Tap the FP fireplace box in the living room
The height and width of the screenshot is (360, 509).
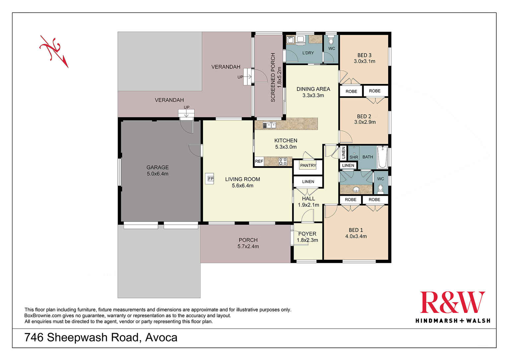tap(210, 179)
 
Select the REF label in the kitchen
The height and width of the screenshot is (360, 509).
tap(259, 162)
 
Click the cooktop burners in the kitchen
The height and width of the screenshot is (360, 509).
tap(283, 162)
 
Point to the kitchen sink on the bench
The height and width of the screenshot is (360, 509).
tap(269, 125)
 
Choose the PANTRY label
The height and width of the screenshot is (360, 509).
tap(308, 165)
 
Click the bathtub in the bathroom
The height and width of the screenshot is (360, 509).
tap(382, 157)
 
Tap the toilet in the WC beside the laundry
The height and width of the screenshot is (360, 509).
tap(331, 41)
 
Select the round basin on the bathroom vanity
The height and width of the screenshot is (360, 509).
tap(356, 189)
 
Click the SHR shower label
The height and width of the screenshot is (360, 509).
tap(354, 157)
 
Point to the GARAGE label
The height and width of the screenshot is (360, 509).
tap(158, 168)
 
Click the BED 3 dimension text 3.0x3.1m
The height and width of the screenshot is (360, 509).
tap(364, 61)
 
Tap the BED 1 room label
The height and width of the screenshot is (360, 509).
tap(356, 230)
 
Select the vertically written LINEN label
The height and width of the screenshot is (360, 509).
tap(343, 153)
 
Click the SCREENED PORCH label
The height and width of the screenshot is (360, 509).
tap(273, 77)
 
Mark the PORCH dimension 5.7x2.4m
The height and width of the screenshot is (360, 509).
tap(248, 247)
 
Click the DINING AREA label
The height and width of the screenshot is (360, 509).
tap(313, 89)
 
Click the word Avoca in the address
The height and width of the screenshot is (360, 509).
tap(161, 337)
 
